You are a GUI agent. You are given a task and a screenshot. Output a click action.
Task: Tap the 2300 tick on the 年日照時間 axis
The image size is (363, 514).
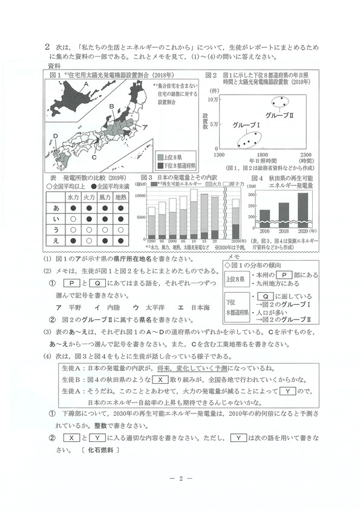[x=307, y=155]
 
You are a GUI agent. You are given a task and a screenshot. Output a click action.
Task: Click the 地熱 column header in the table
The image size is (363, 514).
[x=120, y=197]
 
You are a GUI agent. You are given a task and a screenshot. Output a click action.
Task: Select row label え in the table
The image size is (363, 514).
[x=56, y=241]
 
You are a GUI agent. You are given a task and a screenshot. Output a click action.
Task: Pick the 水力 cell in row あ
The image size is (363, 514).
[x=73, y=208]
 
